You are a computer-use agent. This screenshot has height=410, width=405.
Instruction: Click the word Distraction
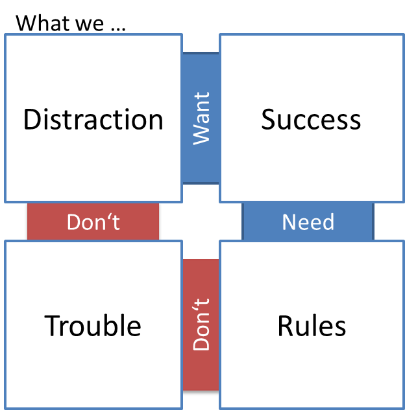point(93,120)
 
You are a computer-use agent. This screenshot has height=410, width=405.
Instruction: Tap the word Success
point(311,120)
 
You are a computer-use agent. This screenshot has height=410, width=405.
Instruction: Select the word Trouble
point(93,325)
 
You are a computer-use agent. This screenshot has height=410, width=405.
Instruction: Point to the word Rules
point(312,325)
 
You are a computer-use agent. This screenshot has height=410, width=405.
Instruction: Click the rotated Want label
point(201,118)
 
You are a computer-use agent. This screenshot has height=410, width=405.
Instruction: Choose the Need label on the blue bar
point(308,222)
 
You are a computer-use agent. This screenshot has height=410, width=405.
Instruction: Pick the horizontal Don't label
point(93,222)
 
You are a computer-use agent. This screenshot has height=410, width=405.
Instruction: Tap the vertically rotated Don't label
point(201,324)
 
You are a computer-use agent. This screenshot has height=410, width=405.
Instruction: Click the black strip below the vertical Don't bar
point(201,393)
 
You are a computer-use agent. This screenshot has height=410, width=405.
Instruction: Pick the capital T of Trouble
point(53,325)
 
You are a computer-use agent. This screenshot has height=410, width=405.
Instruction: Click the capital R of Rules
point(286,325)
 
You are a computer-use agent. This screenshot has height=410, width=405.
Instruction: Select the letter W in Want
point(201,134)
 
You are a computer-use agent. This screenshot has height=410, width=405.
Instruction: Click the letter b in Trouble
point(114,325)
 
